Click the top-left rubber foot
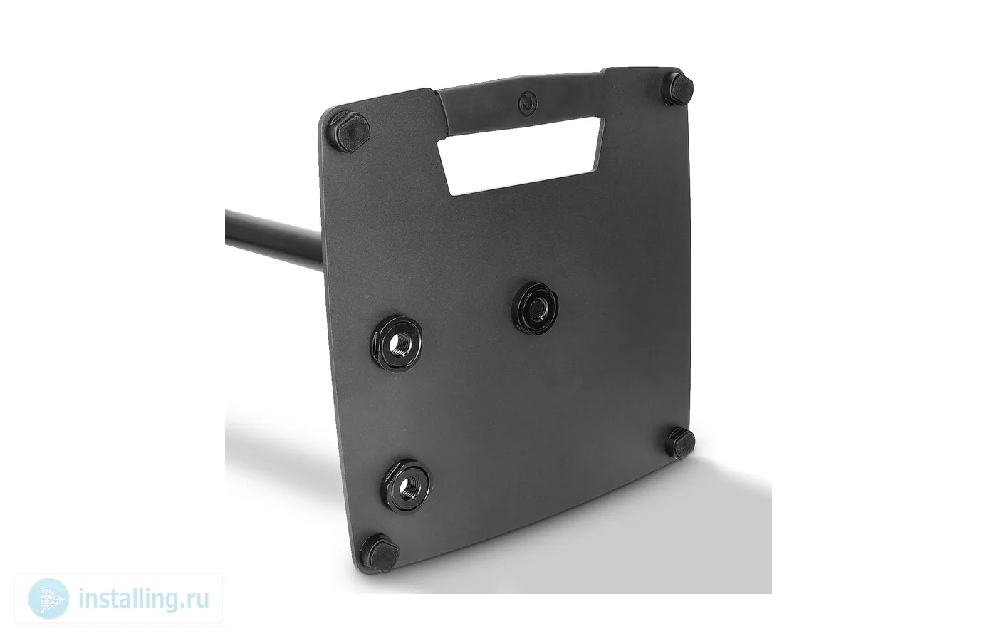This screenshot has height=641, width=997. [x=351, y=131]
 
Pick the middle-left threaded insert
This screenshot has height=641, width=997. [x=396, y=343]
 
